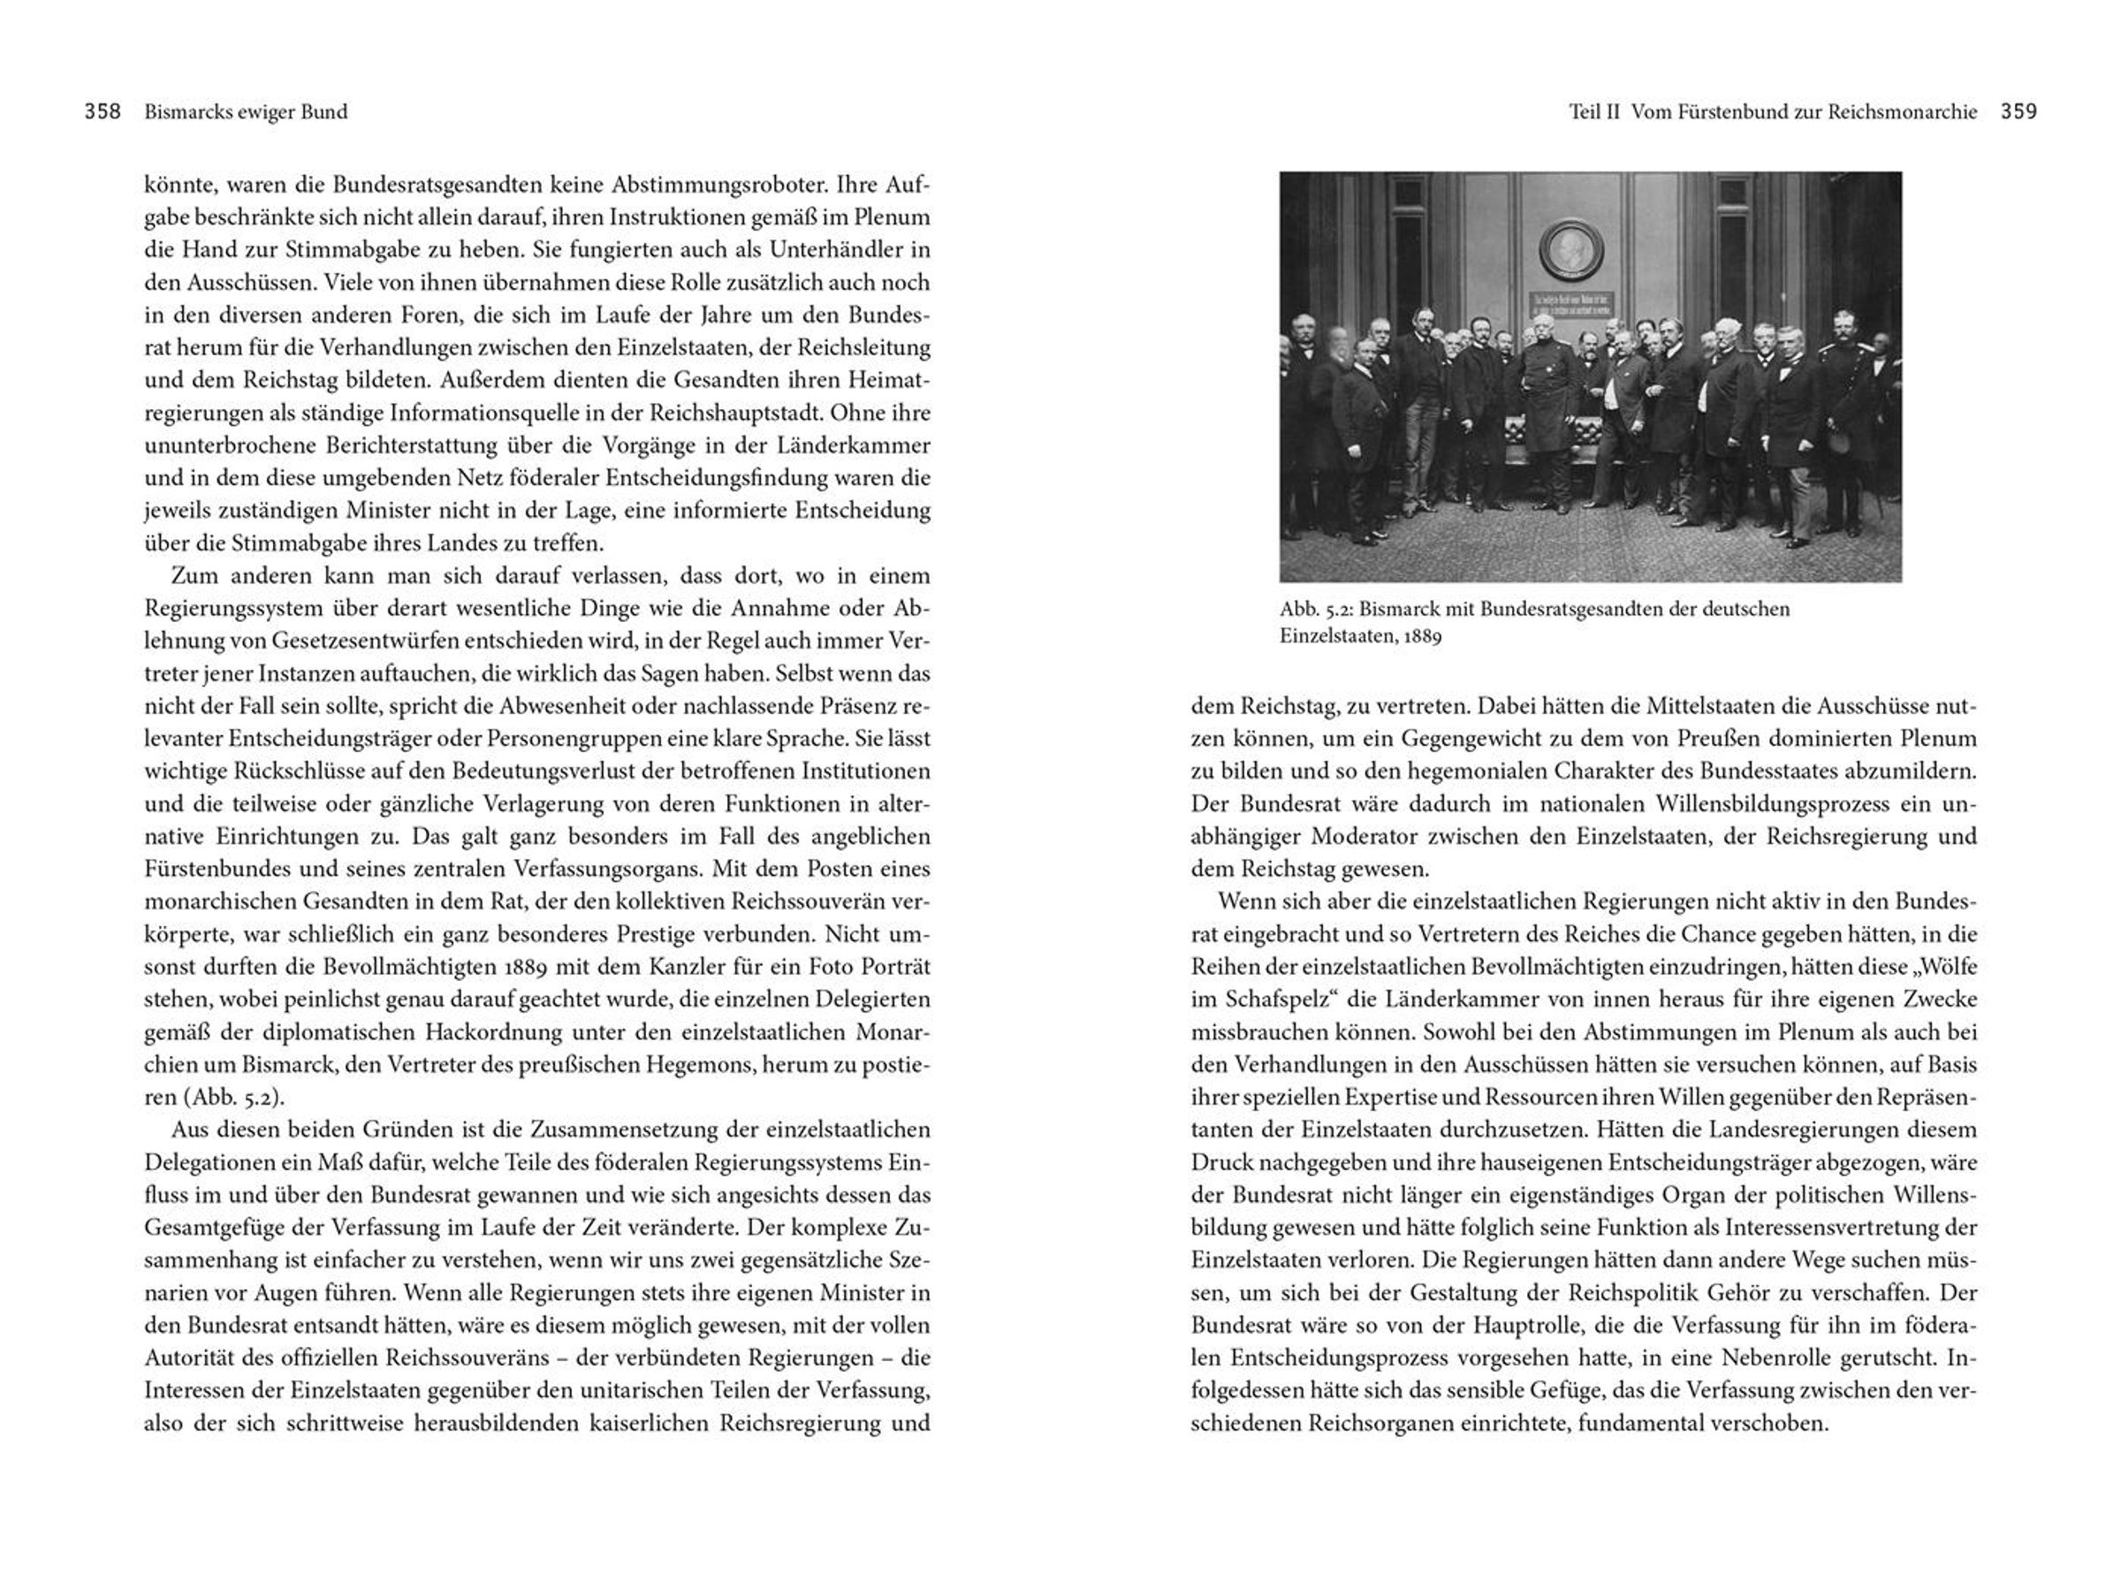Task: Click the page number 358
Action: point(102,111)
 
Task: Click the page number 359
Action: point(2018,111)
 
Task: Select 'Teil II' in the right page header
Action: point(1594,111)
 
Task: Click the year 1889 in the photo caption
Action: point(1422,635)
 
